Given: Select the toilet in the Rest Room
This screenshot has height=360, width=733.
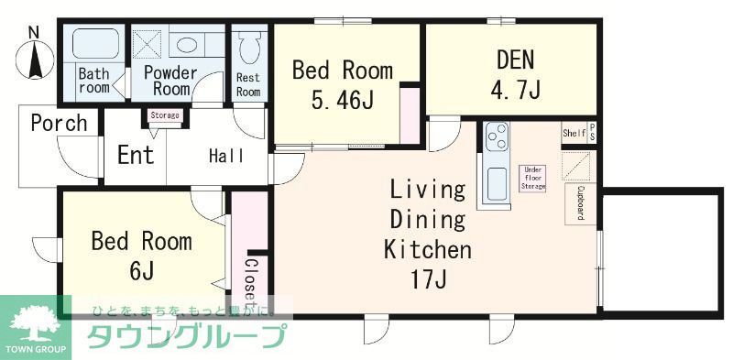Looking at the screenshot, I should (x=248, y=44).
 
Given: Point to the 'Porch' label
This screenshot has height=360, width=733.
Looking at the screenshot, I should (x=59, y=123).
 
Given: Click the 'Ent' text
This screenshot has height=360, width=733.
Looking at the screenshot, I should (x=136, y=154).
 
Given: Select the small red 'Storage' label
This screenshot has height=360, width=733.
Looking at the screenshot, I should (x=165, y=115).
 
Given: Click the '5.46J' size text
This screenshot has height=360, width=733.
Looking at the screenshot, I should (x=341, y=99).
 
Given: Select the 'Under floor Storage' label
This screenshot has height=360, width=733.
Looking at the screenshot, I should (x=532, y=178).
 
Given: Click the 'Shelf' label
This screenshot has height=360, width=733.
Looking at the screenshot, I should (x=574, y=133).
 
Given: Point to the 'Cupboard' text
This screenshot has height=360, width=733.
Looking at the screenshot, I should (x=581, y=202).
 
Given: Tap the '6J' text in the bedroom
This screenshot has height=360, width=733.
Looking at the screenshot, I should (x=141, y=271).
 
